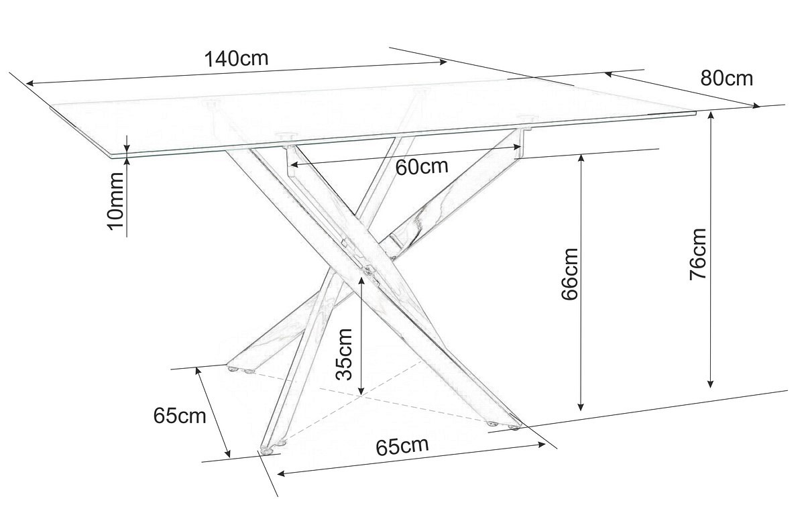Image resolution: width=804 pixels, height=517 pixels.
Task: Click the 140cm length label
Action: (x=236, y=58)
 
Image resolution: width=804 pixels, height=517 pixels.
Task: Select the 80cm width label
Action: (x=726, y=78)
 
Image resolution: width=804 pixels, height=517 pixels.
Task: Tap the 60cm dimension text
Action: (x=421, y=166)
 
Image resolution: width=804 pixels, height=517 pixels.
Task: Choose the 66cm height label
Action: (x=569, y=275)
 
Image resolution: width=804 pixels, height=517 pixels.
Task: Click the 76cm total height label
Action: (x=699, y=253)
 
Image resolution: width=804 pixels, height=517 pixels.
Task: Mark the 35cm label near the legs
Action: (x=344, y=353)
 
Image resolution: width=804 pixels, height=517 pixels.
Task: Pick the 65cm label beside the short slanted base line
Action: (x=179, y=416)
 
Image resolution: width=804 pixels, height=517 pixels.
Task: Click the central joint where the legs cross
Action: (x=367, y=270)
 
